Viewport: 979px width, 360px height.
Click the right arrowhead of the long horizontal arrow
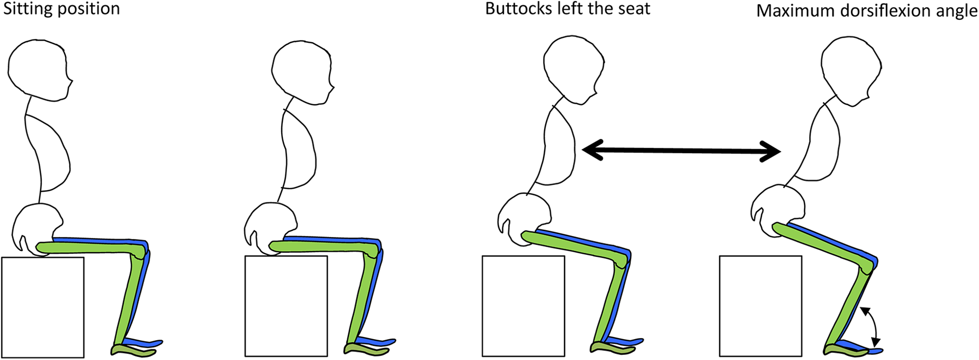tap(771, 152)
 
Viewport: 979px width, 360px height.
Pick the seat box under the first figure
tap(43, 307)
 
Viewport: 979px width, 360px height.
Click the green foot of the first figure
tap(130, 349)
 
